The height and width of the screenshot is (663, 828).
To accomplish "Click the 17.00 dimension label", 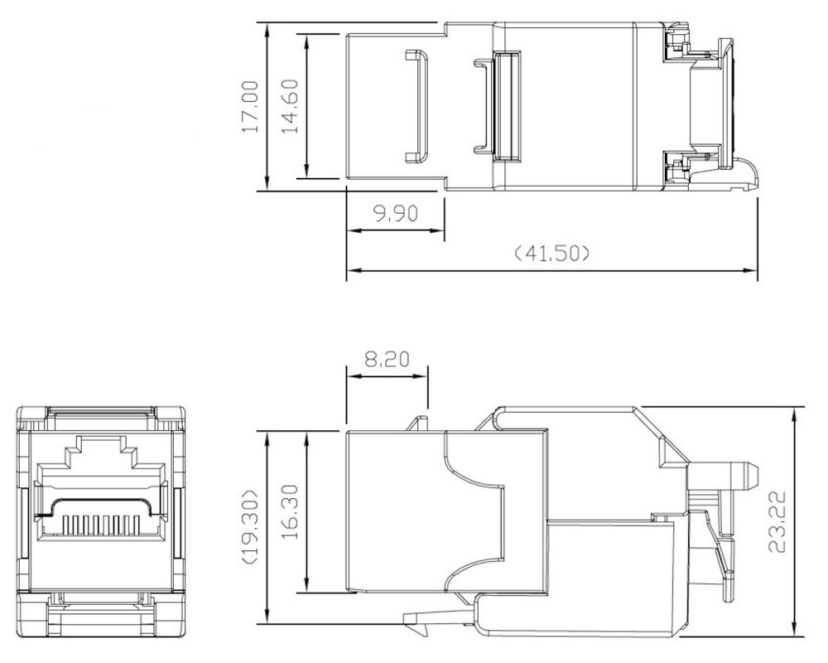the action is (250, 106).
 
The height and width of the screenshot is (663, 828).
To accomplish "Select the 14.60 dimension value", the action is (289, 106).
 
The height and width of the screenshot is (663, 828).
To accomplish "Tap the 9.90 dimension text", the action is (396, 213).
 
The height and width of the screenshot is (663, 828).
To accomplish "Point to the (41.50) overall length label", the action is (551, 254).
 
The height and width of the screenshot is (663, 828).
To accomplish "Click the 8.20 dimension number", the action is (387, 360).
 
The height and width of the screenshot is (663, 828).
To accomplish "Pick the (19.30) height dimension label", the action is (250, 527).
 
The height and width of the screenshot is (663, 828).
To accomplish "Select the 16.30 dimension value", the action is (289, 512).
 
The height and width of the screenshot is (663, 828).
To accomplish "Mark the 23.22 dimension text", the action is (777, 522).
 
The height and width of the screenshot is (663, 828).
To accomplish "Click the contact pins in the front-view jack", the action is (101, 524).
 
